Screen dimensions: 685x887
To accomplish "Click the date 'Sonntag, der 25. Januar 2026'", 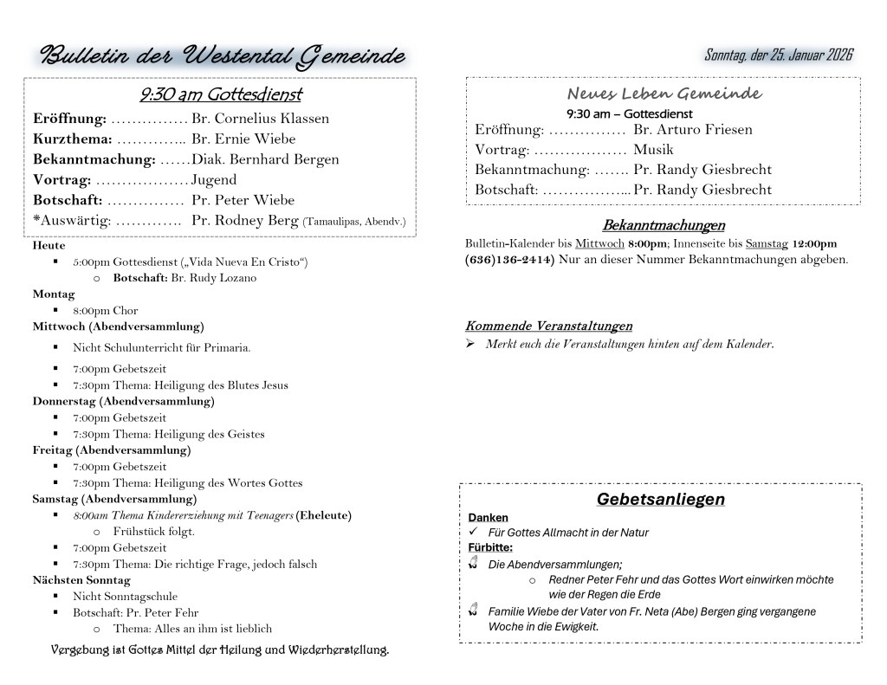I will tap(779, 55).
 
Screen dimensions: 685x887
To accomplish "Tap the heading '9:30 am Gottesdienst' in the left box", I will tap(220, 94).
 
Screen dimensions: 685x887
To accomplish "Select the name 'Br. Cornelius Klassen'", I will tap(260, 119).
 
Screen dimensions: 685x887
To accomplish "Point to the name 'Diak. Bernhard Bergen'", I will tap(265, 159).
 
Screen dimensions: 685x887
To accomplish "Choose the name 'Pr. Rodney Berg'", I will tap(245, 221).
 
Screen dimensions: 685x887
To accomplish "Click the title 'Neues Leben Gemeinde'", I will tap(664, 94).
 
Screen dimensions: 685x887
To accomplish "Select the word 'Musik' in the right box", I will tap(653, 150).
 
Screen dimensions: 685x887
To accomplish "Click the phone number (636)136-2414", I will tap(510, 260).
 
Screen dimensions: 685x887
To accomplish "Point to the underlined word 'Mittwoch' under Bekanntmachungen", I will tap(599, 244).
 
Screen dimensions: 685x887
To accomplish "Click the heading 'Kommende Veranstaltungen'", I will tap(548, 326).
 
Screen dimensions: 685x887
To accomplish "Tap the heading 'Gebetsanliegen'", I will tap(660, 500).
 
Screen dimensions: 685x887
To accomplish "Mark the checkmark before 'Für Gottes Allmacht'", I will tap(473, 533).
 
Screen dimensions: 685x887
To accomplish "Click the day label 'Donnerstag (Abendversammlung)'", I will tap(123, 401).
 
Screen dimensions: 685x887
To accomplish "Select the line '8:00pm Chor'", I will tap(105, 311).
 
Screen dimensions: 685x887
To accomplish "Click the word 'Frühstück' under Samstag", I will tap(136, 532).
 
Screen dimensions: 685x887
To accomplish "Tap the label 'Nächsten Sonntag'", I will tap(81, 580).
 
